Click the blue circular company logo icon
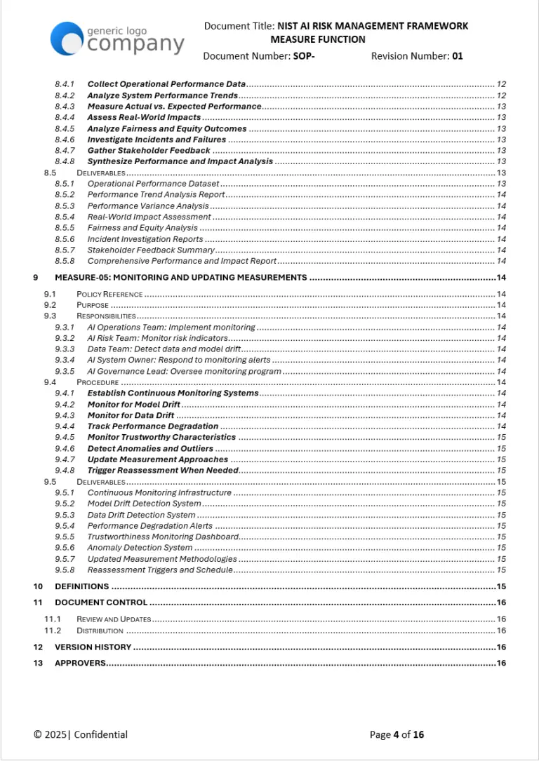pos(67,39)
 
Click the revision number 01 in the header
pos(457,56)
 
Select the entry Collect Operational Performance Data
pos(166,84)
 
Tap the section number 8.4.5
pos(65,128)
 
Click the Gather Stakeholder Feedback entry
pos(149,150)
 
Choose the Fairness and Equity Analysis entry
pos(142,227)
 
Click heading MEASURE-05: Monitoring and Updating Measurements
pos(180,277)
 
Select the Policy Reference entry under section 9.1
pos(109,294)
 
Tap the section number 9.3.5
pos(65,371)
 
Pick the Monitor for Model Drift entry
pos(133,405)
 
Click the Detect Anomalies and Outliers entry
pos(150,448)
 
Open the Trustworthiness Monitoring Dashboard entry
pos(163,537)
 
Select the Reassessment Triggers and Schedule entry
pos(159,570)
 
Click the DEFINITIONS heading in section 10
pos(81,586)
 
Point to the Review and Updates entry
pos(114,619)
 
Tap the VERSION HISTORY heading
pos(93,647)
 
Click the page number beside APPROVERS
pos(501,663)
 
